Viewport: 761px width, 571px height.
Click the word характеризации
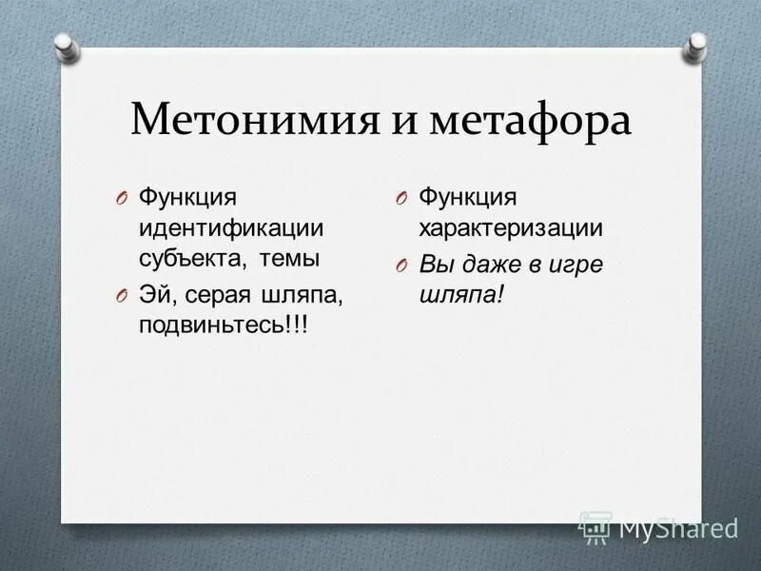coord(511,227)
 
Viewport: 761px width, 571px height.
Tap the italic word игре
coord(577,264)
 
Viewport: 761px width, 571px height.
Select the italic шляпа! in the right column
coord(461,295)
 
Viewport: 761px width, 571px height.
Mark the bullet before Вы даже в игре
coord(402,265)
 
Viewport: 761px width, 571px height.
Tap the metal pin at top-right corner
coord(696,44)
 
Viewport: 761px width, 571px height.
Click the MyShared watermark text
coord(677,526)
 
